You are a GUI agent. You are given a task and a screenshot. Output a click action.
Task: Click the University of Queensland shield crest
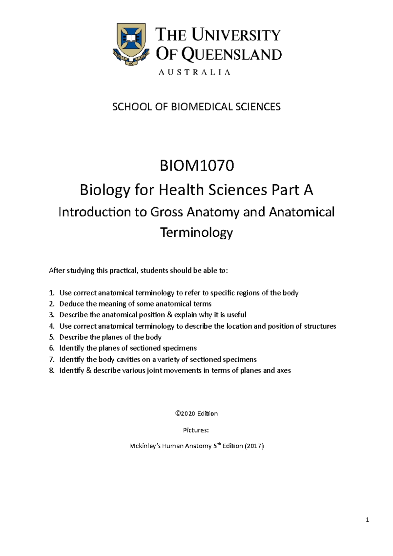click(x=131, y=41)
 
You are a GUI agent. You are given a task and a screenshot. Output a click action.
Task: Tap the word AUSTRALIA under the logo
click(x=195, y=72)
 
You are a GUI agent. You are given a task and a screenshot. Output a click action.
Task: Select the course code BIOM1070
click(x=196, y=166)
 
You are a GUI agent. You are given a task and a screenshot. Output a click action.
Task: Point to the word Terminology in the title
click(x=196, y=232)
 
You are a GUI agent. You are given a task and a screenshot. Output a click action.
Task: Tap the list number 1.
click(x=51, y=293)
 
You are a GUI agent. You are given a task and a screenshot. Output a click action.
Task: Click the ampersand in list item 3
click(x=169, y=315)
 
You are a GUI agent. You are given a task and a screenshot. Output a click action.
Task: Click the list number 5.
click(x=51, y=337)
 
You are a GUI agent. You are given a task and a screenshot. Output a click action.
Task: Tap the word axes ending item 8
click(x=284, y=371)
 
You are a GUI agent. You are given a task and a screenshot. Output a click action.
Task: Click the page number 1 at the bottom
click(x=367, y=520)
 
